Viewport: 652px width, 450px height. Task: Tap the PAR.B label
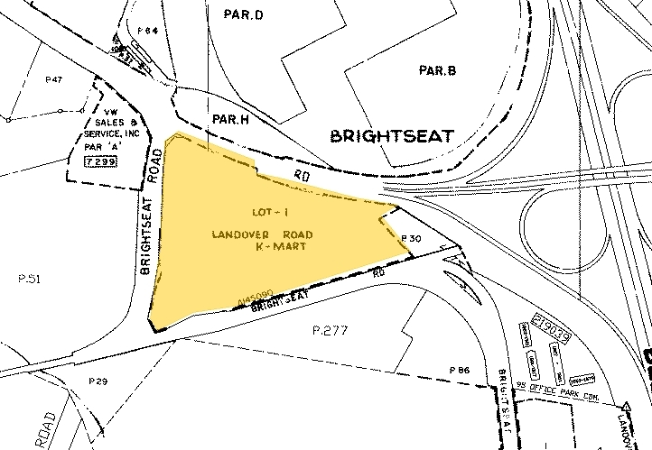(x=439, y=70)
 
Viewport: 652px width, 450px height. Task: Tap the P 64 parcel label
(x=148, y=32)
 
